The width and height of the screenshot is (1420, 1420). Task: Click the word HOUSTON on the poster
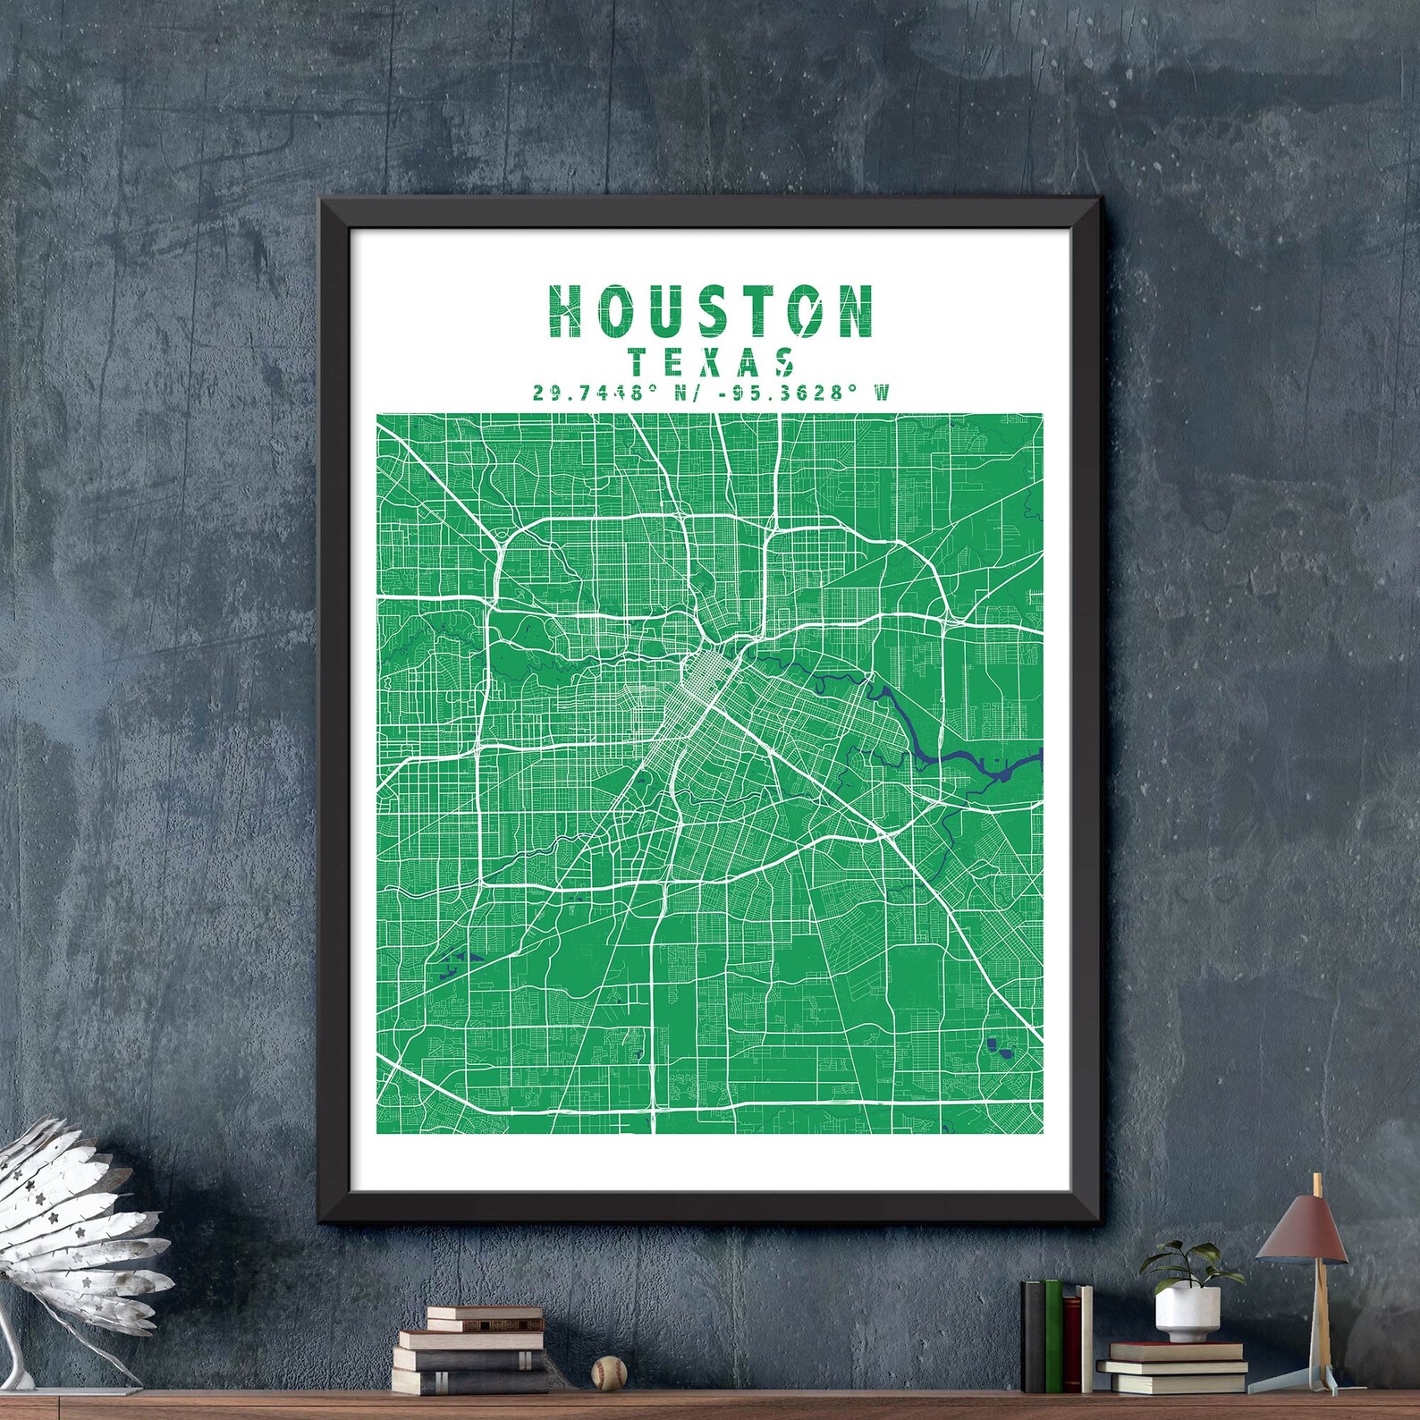click(711, 311)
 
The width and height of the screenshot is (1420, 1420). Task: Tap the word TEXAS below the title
click(713, 362)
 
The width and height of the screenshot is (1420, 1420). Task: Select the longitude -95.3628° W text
click(787, 393)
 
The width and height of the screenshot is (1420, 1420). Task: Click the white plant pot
click(1187, 1313)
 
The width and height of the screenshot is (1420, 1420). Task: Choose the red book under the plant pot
click(1171, 1351)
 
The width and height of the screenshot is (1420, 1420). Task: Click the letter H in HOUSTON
click(567, 311)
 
